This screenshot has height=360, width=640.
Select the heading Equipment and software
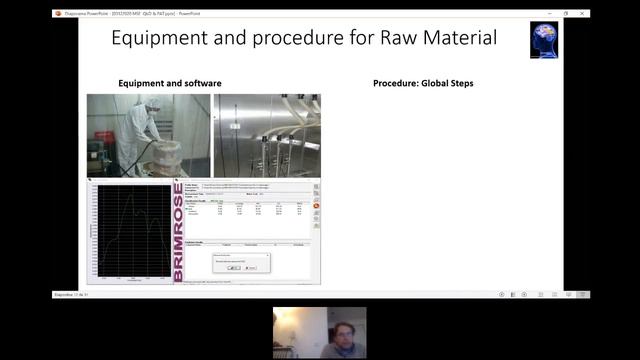tap(170, 83)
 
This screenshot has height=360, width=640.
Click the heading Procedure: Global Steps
tap(423, 83)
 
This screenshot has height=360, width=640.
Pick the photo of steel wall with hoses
tap(267, 135)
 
